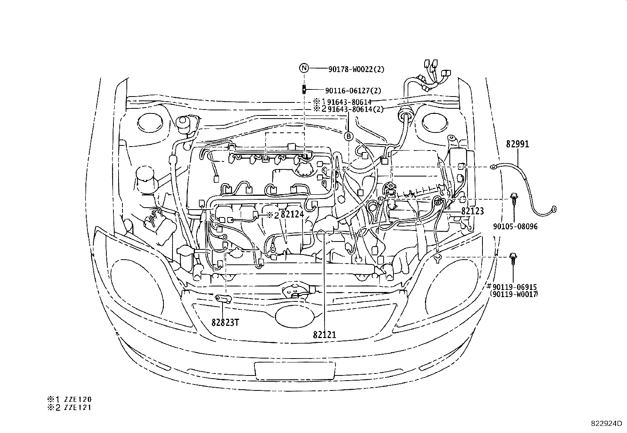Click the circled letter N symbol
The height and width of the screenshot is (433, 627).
coord(304,68)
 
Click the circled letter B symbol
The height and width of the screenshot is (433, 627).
coord(349,137)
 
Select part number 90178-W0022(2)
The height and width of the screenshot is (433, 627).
coord(356,69)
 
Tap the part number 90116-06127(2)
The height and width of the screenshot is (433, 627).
coord(353,91)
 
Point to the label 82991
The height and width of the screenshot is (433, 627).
coord(518,144)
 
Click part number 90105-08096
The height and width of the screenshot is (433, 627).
coord(515,227)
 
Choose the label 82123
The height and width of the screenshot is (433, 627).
coord(472,211)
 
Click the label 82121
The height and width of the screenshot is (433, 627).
coord(325,335)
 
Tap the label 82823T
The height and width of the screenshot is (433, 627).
coord(225,322)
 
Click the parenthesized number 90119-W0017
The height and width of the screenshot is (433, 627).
coord(514,294)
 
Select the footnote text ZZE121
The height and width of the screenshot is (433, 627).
coord(79,408)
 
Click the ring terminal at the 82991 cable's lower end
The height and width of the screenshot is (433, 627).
coord(554,208)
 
